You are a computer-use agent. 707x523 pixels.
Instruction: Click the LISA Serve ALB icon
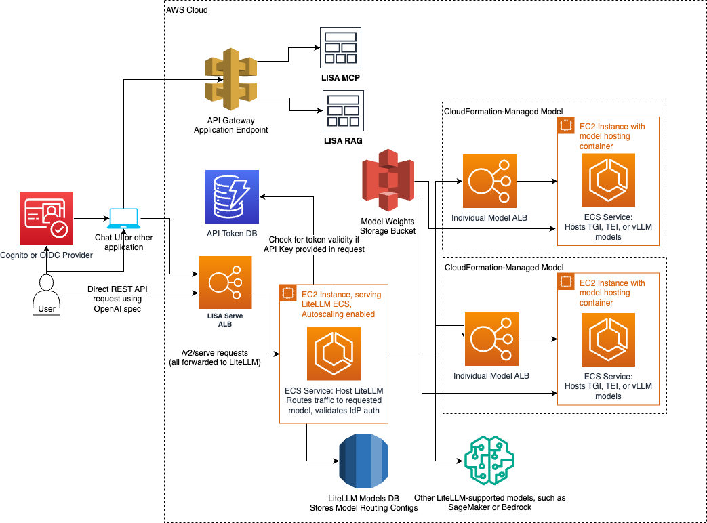click(224, 282)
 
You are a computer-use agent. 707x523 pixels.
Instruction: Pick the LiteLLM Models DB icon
click(363, 462)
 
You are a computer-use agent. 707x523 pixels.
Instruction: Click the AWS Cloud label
click(187, 11)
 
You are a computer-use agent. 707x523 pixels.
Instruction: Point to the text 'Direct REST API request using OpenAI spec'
click(117, 299)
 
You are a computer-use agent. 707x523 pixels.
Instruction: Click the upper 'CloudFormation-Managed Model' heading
click(503, 111)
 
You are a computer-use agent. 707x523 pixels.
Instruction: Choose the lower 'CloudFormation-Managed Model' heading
click(503, 268)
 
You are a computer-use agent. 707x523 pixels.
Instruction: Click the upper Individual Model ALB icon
click(489, 181)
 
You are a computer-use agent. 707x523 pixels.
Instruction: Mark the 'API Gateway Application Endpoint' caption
click(231, 125)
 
